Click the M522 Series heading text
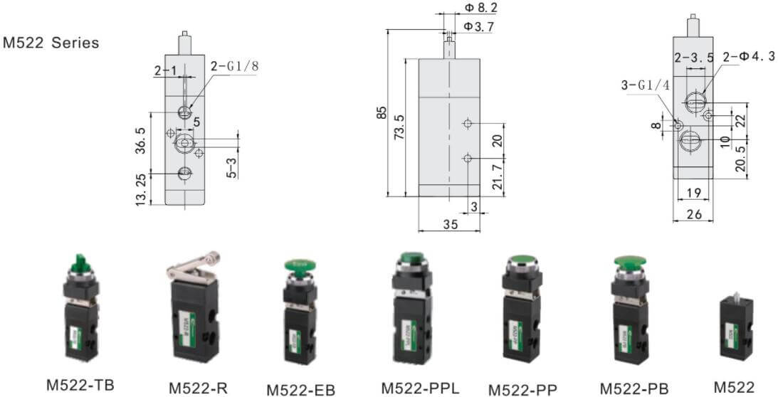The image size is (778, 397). pyautogui.click(x=51, y=43)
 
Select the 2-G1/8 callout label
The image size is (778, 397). pyautogui.click(x=234, y=66)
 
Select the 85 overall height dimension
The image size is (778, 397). pyautogui.click(x=382, y=112)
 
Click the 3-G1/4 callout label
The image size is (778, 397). pyautogui.click(x=646, y=85)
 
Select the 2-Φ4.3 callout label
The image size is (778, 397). pyautogui.click(x=747, y=57)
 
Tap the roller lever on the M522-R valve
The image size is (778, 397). pyautogui.click(x=186, y=265)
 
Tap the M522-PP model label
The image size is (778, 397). pyautogui.click(x=522, y=389)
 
